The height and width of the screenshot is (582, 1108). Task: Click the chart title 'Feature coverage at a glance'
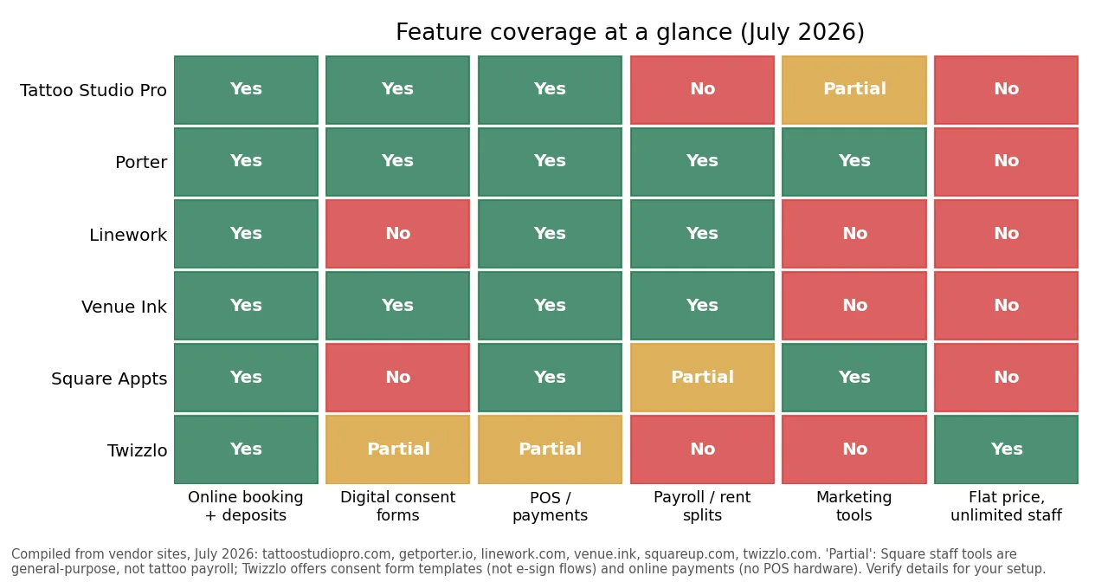pos(564,32)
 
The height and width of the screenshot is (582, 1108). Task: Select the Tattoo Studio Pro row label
pos(93,90)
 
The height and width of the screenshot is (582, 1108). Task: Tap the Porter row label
pos(141,162)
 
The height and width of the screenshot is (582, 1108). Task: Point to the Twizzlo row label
pos(137,450)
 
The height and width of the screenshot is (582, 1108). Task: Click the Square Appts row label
pos(109,378)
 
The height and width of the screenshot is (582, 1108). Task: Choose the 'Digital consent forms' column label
pos(397,506)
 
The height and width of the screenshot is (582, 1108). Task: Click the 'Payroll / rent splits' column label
pos(702,506)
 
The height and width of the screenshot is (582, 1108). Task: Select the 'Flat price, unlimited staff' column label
pos(1006,506)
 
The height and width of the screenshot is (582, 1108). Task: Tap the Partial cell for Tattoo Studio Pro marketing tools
pos(854,89)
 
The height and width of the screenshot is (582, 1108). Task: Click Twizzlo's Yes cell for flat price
pos(1006,449)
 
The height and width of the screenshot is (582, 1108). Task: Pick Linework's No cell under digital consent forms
pos(397,234)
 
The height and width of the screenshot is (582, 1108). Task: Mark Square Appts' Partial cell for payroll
pos(702,377)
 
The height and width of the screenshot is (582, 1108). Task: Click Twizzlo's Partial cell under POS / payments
pos(550,449)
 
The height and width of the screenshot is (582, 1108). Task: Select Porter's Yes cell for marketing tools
pos(854,162)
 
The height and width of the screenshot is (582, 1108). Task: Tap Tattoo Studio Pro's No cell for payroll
pos(702,89)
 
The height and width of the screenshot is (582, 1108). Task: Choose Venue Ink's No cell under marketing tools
pos(854,306)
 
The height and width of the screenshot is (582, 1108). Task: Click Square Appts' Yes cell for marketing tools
pos(854,377)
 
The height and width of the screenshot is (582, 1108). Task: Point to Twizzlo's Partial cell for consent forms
pos(397,449)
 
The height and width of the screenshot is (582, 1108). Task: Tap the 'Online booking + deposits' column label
pos(245,506)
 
